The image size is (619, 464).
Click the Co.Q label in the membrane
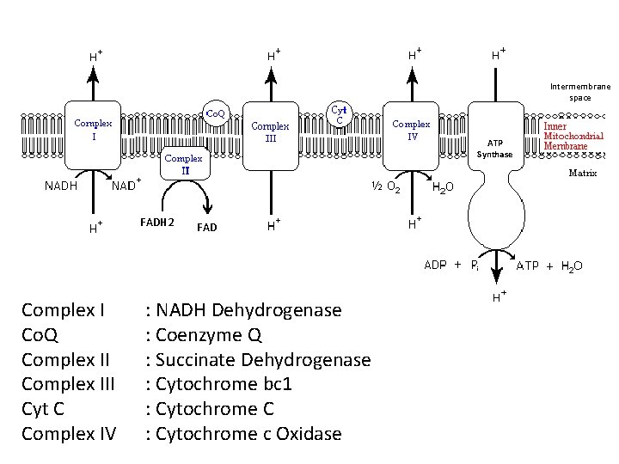coord(215,113)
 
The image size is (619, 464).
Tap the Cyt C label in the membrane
coord(340,114)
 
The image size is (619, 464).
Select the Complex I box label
coord(93,129)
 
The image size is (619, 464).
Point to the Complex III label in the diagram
coord(270,131)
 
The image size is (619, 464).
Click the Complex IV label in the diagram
coord(412,129)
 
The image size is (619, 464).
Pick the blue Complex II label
coord(183,164)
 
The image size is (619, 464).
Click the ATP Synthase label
coord(495,149)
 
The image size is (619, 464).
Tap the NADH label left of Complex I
coord(61,186)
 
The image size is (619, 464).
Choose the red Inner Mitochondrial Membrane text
coord(574,136)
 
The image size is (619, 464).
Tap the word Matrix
coord(583,174)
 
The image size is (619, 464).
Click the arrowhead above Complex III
coord(271,71)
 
